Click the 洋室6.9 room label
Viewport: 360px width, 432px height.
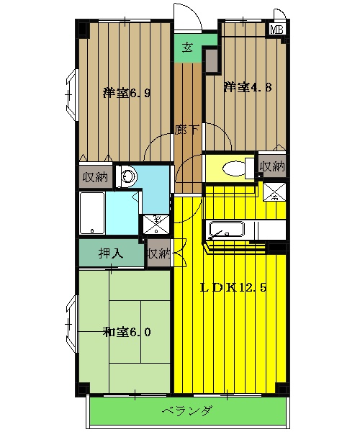click(x=126, y=92)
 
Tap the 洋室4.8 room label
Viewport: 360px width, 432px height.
click(x=247, y=88)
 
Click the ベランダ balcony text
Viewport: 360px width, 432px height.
click(x=186, y=412)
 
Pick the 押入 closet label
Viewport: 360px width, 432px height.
click(x=110, y=253)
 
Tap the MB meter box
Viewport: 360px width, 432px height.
click(x=276, y=30)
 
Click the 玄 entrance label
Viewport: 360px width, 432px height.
click(x=187, y=48)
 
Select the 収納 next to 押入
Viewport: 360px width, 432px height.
click(x=159, y=253)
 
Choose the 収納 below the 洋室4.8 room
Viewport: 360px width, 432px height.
click(x=271, y=166)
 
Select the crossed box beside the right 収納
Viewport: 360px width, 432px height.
click(x=274, y=192)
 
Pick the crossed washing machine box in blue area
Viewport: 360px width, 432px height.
click(x=154, y=223)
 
